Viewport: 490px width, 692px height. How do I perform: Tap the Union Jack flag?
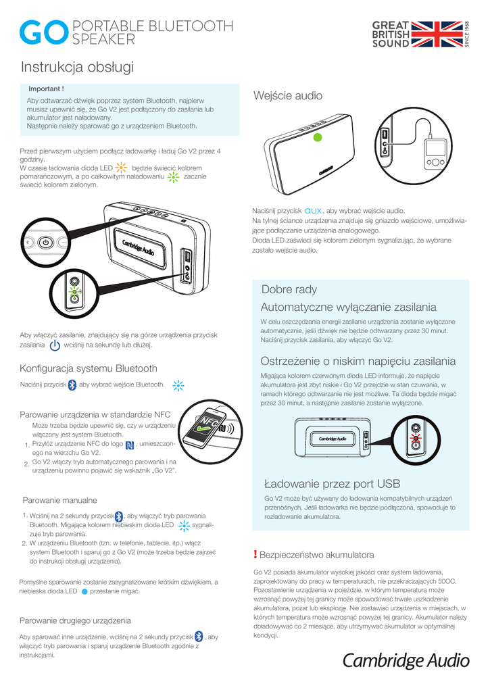pyautogui.click(x=436, y=34)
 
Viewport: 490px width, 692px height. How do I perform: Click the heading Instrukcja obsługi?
pyautogui.click(x=77, y=68)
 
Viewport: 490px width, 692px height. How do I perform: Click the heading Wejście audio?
pyautogui.click(x=287, y=96)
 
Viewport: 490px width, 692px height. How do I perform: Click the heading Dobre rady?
pyautogui.click(x=289, y=289)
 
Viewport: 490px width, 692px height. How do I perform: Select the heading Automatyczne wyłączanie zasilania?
pyautogui.click(x=348, y=307)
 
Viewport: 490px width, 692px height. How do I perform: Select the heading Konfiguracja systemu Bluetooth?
pyautogui.click(x=89, y=368)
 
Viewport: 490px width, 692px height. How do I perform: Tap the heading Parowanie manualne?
pyautogui.click(x=60, y=500)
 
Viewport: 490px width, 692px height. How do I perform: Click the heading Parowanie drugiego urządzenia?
pyautogui.click(x=75, y=620)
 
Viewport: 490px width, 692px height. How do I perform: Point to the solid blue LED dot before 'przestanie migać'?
pyautogui.click(x=84, y=591)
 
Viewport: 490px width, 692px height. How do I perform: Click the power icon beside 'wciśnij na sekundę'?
pyautogui.click(x=55, y=345)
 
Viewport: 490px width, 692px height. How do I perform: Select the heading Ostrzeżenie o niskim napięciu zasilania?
pyautogui.click(x=358, y=362)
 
